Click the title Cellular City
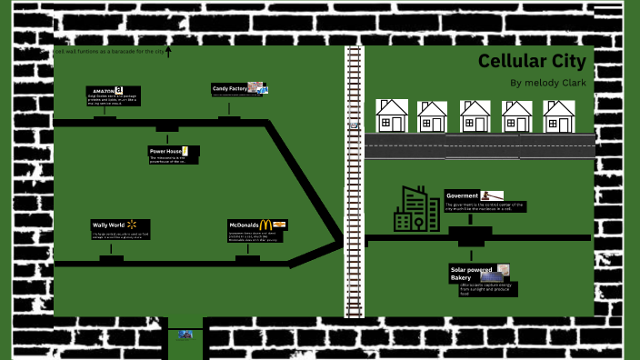coord(532,62)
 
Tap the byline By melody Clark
coord(548,83)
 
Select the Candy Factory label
coord(229,88)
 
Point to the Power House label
coord(165,150)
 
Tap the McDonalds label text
coord(243,224)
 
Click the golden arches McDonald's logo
coord(265,224)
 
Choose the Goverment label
coord(462,195)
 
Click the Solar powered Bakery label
coord(472,272)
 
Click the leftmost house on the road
coord(392,115)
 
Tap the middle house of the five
coord(475,116)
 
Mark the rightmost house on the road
coord(559,116)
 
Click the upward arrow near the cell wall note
coord(168,53)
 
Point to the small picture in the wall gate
coord(185,335)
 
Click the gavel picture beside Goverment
coord(492,195)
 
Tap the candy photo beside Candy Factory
coord(258,88)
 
